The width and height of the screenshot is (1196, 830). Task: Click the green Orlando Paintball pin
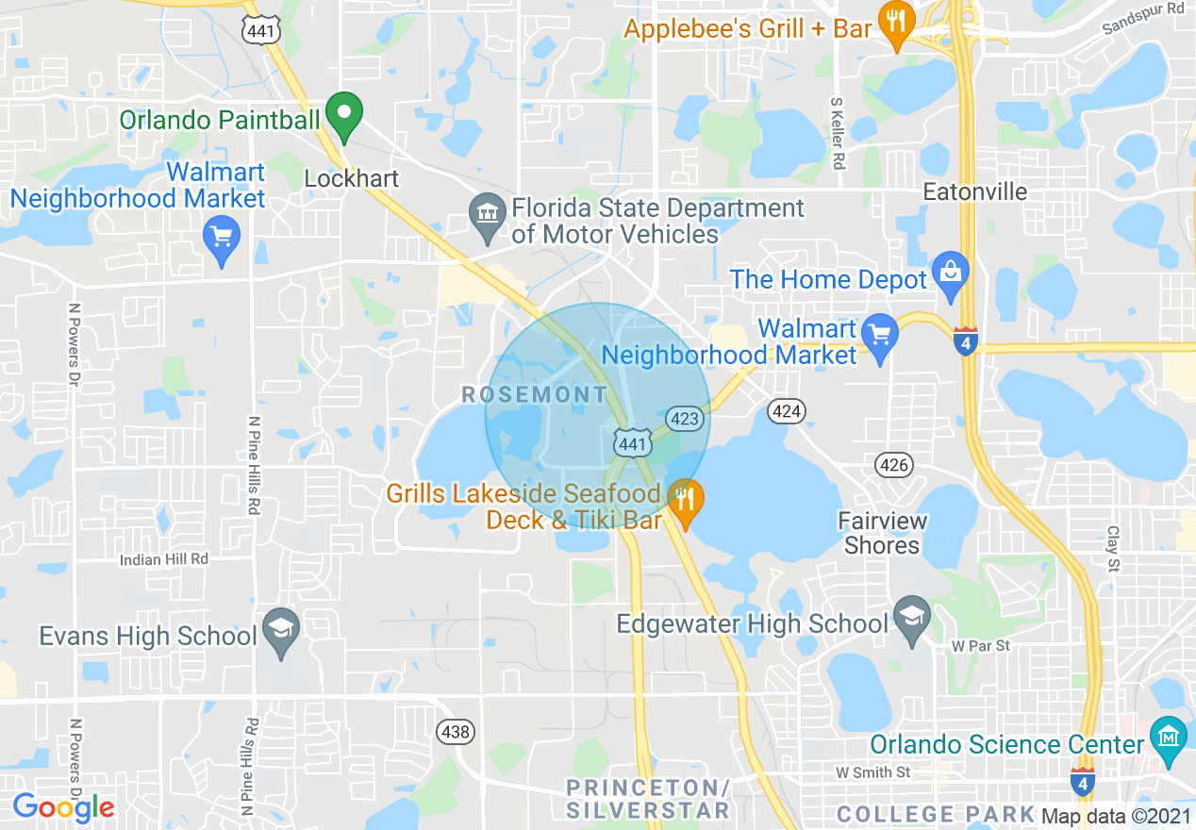pyautogui.click(x=345, y=115)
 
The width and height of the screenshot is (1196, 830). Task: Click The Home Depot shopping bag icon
pyautogui.click(x=950, y=271)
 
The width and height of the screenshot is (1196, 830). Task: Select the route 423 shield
pyautogui.click(x=686, y=418)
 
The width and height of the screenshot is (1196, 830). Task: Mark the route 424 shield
pyautogui.click(x=786, y=410)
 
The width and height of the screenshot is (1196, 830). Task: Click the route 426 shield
pyautogui.click(x=893, y=464)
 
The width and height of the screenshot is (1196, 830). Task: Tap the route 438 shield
pyautogui.click(x=456, y=731)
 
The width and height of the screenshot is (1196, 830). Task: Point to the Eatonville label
pyautogui.click(x=974, y=192)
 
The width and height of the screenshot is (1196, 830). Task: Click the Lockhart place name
pyautogui.click(x=352, y=178)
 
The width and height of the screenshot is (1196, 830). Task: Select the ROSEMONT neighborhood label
pyautogui.click(x=534, y=394)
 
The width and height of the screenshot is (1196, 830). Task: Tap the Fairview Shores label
pyautogui.click(x=882, y=533)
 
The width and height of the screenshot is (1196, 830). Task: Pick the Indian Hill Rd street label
pyautogui.click(x=164, y=559)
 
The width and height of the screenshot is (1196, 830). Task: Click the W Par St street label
pyautogui.click(x=981, y=646)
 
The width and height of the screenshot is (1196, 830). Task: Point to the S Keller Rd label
pyautogui.click(x=837, y=133)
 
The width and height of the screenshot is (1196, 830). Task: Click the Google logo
pyautogui.click(x=63, y=807)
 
